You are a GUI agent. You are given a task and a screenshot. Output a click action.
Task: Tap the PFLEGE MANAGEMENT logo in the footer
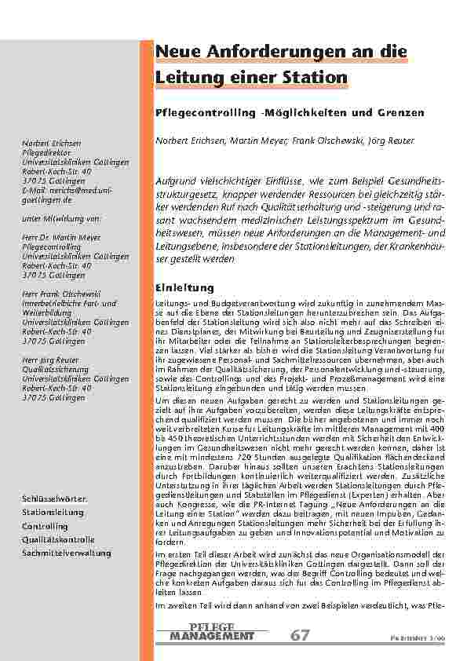(x=211, y=632)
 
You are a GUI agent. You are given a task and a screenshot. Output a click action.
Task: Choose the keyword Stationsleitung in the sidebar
(x=53, y=512)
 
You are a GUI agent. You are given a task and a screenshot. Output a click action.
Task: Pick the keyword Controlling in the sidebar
(x=46, y=526)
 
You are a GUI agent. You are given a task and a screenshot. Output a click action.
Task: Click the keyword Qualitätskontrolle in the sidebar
(x=58, y=539)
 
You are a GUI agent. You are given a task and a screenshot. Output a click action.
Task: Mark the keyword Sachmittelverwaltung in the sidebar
(x=66, y=553)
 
